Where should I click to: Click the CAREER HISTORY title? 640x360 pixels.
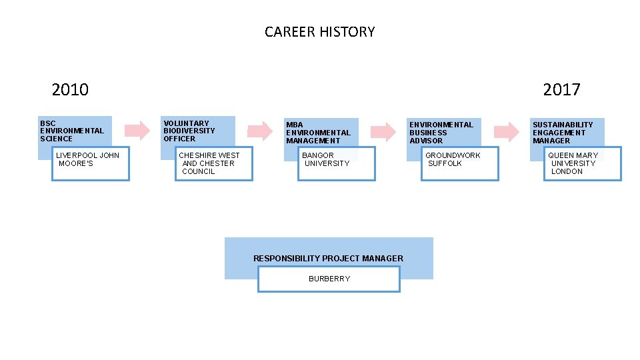(319, 32)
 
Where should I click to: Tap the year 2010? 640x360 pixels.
(70, 89)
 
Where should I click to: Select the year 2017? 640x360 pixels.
(561, 89)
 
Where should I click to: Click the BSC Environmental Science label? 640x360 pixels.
(72, 131)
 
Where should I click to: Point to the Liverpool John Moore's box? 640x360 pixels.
(91, 164)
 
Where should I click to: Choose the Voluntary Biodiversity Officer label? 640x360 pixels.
(190, 131)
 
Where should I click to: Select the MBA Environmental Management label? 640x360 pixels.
(318, 133)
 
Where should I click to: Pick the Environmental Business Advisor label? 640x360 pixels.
(441, 133)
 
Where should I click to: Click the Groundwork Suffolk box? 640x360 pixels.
(460, 164)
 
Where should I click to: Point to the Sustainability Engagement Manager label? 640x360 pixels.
(563, 133)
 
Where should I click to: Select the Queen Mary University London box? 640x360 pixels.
(583, 164)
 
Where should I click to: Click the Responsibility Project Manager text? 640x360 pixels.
(328, 258)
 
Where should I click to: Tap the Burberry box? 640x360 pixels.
(329, 279)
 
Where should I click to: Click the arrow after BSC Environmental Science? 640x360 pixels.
(137, 130)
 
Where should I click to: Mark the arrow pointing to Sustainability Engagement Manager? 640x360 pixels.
(506, 131)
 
